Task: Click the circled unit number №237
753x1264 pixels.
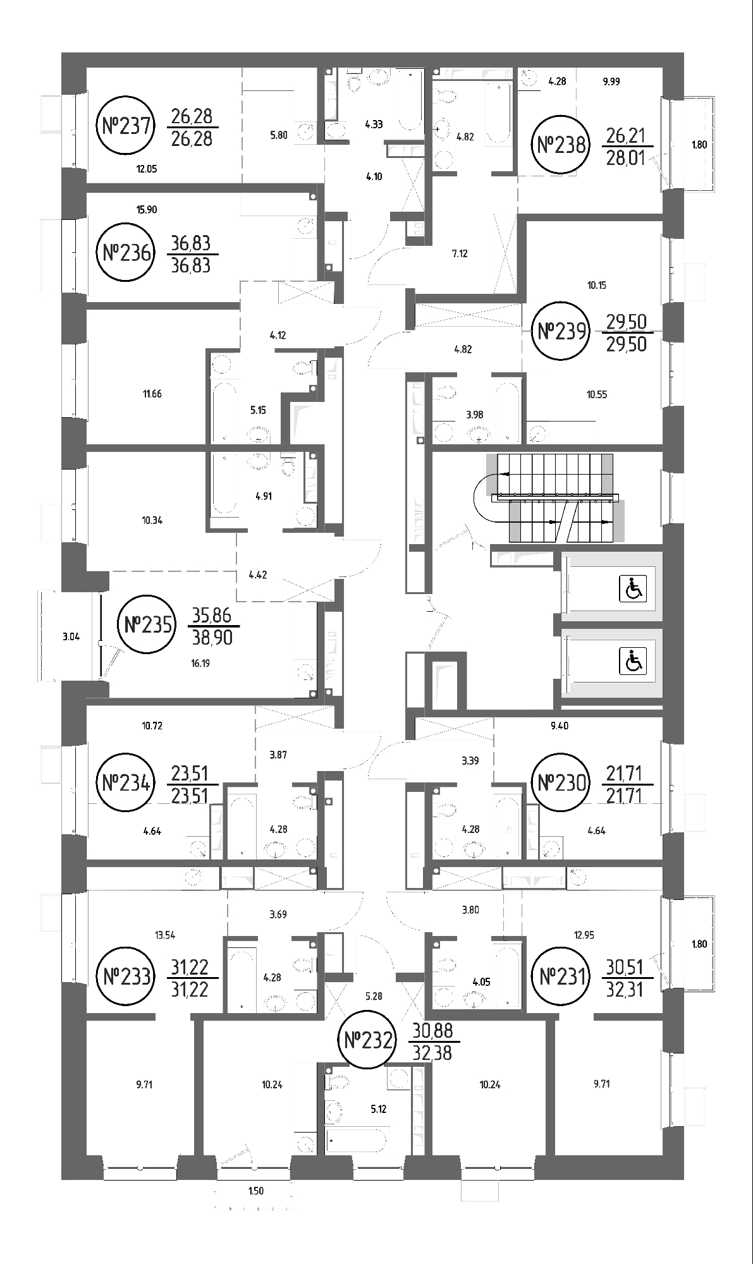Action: click(x=127, y=126)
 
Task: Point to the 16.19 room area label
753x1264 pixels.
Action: click(x=200, y=663)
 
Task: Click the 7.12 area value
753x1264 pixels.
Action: click(x=460, y=254)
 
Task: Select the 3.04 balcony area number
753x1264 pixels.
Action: click(x=71, y=637)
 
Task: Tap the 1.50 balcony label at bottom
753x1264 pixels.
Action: click(x=255, y=1191)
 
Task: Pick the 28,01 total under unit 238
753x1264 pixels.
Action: click(x=626, y=157)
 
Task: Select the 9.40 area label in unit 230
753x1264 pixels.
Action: click(x=560, y=726)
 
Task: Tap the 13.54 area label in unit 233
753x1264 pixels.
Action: click(x=165, y=935)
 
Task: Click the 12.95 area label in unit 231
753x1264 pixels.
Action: click(x=584, y=935)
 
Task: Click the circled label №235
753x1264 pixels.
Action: click(x=146, y=625)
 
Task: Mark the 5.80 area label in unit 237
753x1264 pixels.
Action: click(x=278, y=135)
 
